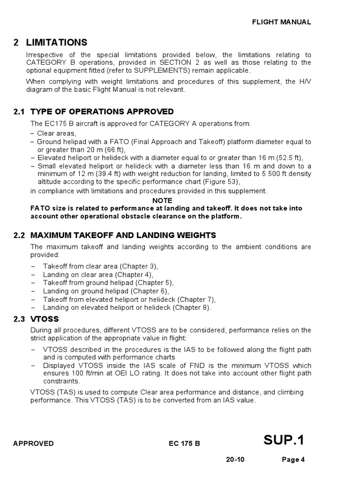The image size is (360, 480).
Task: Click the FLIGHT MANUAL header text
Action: click(281, 22)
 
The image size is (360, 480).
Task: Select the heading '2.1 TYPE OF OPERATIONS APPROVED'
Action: click(94, 112)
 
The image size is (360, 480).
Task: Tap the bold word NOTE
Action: click(162, 200)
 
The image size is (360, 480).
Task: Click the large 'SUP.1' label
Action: click(284, 440)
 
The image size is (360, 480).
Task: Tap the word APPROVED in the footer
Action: click(33, 443)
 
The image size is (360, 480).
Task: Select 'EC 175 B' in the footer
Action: click(185, 443)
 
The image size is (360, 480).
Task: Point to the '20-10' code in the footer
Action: click(234, 459)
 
